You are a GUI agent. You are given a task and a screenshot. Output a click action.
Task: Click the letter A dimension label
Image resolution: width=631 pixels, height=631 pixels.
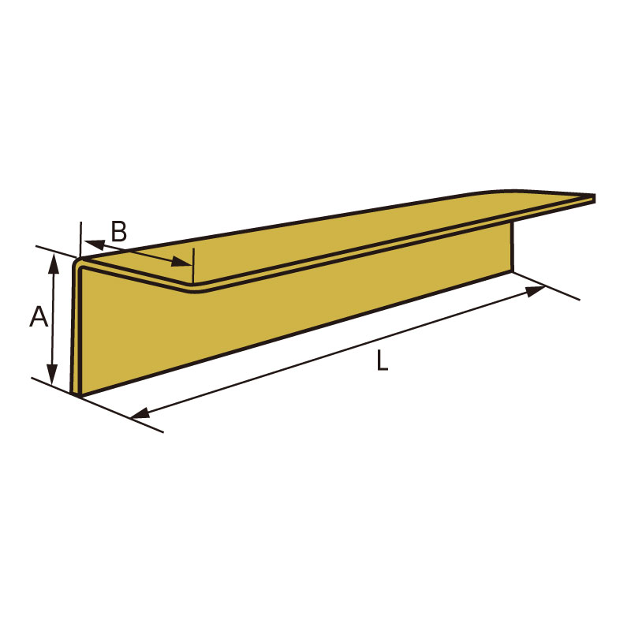(39, 316)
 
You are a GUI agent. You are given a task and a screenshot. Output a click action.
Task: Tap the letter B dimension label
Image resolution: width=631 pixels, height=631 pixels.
(119, 231)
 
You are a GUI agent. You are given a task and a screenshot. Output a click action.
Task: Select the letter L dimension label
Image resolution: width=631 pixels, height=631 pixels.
(382, 360)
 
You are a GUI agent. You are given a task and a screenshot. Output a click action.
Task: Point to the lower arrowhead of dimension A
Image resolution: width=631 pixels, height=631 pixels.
(52, 374)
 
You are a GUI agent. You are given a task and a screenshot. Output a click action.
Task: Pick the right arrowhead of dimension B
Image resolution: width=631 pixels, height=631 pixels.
(182, 262)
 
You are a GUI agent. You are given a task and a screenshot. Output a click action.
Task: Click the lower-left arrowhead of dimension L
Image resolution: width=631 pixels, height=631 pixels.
(141, 413)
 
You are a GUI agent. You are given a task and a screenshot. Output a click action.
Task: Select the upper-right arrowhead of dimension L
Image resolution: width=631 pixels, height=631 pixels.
(536, 291)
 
